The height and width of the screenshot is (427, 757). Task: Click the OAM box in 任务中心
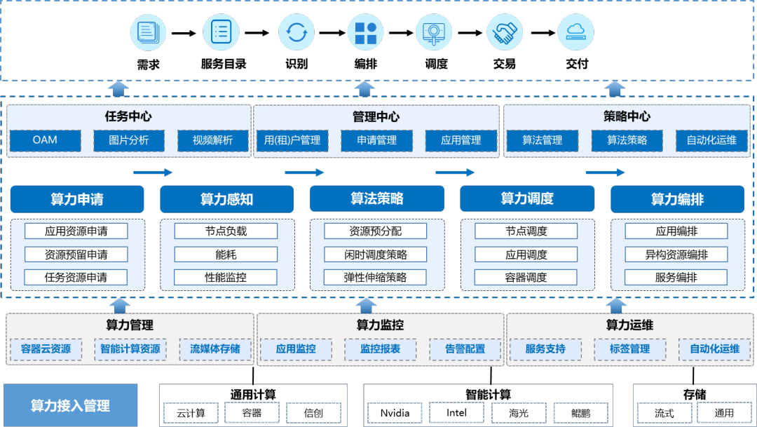tap(45, 140)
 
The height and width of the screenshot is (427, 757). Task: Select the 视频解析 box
tap(213, 140)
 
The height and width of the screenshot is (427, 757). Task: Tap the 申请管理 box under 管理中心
tap(376, 140)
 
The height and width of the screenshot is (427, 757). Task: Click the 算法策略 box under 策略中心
tap(627, 140)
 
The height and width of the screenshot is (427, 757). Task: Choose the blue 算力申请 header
tap(77, 199)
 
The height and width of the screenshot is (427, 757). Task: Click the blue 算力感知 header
tap(226, 199)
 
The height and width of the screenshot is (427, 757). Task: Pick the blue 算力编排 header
tap(677, 199)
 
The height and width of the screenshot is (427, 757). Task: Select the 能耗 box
tap(226, 255)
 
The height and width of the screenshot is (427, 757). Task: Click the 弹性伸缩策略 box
tap(376, 277)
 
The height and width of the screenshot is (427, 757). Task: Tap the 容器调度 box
tap(526, 277)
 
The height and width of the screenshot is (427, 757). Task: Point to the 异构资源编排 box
tap(676, 255)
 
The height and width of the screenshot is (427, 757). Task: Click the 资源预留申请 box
tap(76, 255)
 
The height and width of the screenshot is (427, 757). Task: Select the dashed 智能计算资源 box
tap(130, 348)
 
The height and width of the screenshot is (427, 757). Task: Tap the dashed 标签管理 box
tap(630, 348)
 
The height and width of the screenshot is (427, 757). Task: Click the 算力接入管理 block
tap(70, 406)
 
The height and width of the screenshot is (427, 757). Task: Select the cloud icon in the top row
tap(575, 32)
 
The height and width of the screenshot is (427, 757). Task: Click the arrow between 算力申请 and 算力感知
tap(153, 172)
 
